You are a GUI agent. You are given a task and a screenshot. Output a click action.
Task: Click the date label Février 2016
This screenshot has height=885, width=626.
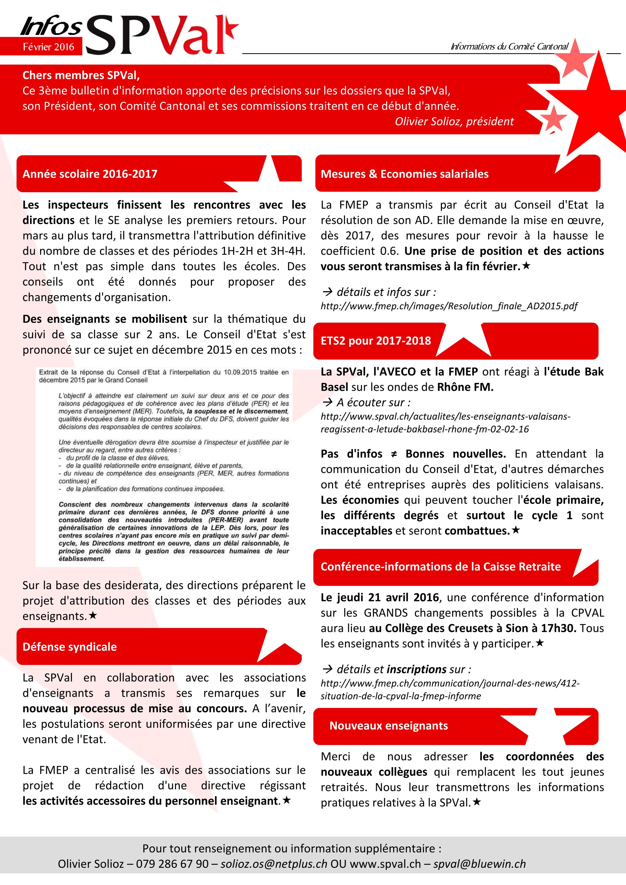point(48,47)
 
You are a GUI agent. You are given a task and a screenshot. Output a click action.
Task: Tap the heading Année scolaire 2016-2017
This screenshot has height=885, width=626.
point(90,174)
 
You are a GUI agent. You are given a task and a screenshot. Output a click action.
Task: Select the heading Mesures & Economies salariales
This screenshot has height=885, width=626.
point(404,174)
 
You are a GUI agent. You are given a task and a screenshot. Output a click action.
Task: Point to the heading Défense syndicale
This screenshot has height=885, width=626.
point(69,646)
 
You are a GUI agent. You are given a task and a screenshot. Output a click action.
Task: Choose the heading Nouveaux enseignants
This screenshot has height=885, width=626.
point(388,725)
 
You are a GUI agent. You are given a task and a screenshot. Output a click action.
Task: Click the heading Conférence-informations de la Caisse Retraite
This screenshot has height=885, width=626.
point(440,566)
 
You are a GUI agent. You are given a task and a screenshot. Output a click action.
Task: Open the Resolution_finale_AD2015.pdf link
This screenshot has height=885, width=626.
point(449,306)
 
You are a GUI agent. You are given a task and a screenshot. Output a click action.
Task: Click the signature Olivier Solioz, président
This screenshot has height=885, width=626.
point(454,121)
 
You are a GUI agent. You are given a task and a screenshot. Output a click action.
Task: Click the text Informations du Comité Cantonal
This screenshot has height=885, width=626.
point(509,47)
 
